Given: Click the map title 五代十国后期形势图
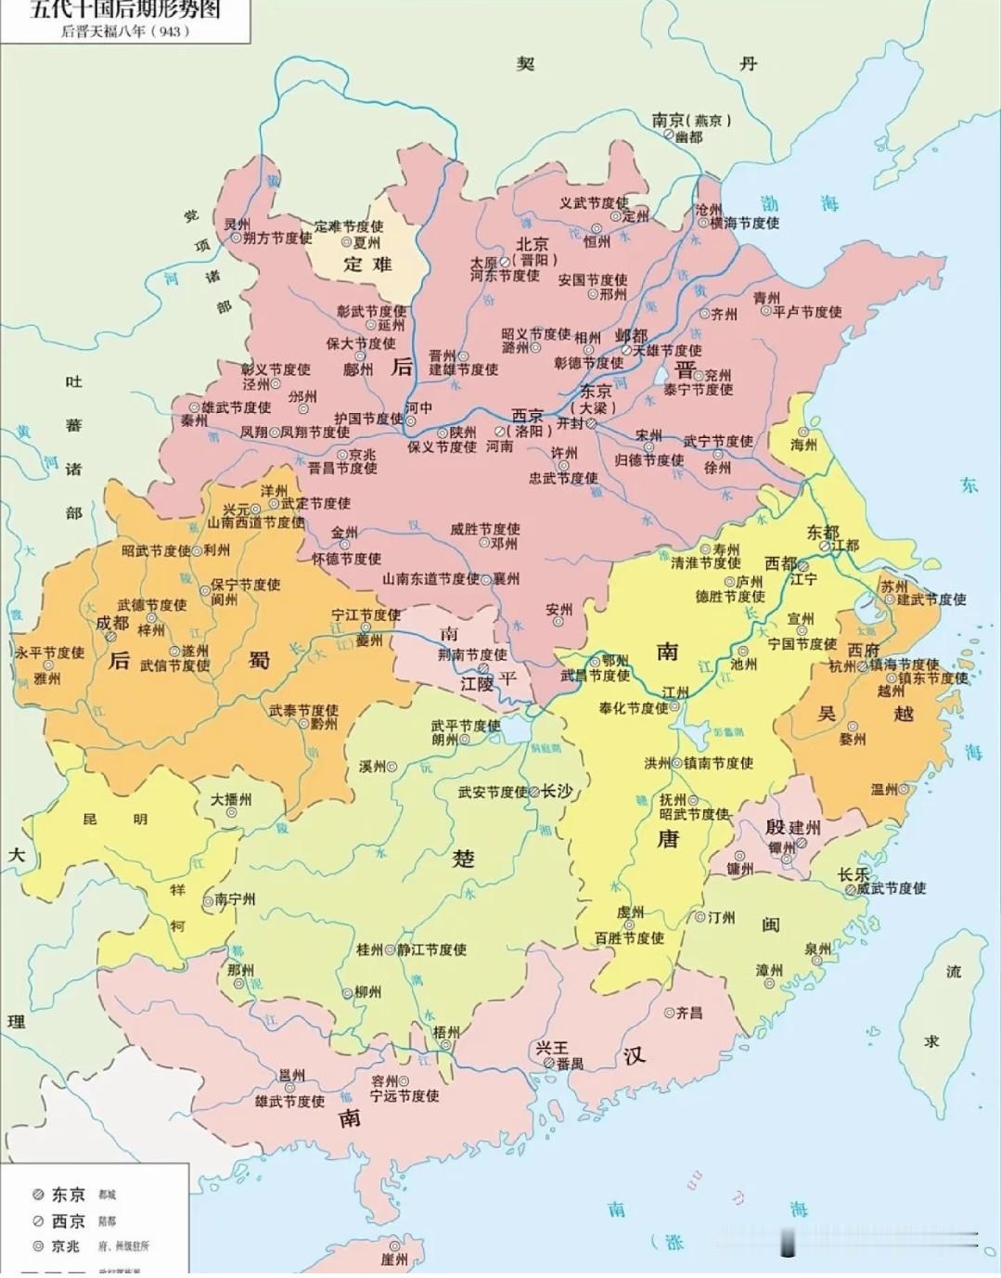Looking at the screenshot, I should coord(125,10).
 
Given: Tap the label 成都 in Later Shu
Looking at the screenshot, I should coord(111,623).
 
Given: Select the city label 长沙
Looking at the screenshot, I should coord(557,791).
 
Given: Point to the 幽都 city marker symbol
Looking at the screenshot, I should coord(668,136).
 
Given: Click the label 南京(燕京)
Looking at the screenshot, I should coord(691,120).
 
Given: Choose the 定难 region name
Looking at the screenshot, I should coord(367,264).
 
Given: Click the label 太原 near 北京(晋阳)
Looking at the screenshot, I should coord(484,263).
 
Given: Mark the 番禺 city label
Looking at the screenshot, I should coord(570,1064).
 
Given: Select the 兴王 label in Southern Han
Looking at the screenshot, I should coord(551,1047).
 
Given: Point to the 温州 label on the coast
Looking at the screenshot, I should coord(883,789).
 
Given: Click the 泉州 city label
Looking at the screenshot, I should coord(817,949).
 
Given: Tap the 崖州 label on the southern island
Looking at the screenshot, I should coord(394,1259).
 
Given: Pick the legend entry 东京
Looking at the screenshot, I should coord(68,1194).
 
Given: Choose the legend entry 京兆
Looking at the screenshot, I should coord(66,1246).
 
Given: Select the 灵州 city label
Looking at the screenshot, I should coord(237,225).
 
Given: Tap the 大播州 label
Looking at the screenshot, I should coord(230,798).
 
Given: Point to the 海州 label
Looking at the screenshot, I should coord(803,445).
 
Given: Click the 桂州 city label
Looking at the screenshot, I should coord(369,949).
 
